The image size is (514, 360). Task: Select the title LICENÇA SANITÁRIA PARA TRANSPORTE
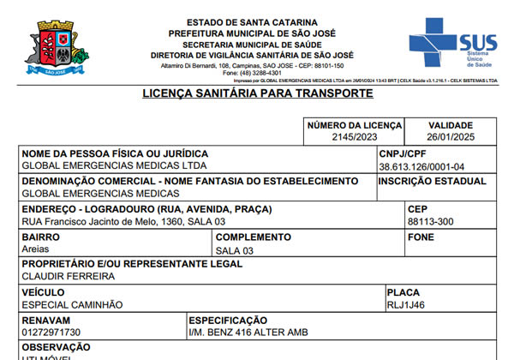tap(257, 93)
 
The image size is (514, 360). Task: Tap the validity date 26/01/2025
tap(451, 137)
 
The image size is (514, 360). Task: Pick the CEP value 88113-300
tap(431, 222)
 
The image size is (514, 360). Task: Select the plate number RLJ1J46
tap(406, 304)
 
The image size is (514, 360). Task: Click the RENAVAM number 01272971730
tap(51, 332)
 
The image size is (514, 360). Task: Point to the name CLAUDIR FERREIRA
tap(68, 277)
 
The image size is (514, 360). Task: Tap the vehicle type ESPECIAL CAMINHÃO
tap(72, 304)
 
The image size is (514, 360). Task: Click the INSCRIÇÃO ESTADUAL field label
tap(432, 181)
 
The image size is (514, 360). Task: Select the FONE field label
tap(422, 237)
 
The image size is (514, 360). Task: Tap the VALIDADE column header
tap(451, 125)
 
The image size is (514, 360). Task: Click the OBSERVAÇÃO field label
tap(56, 346)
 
